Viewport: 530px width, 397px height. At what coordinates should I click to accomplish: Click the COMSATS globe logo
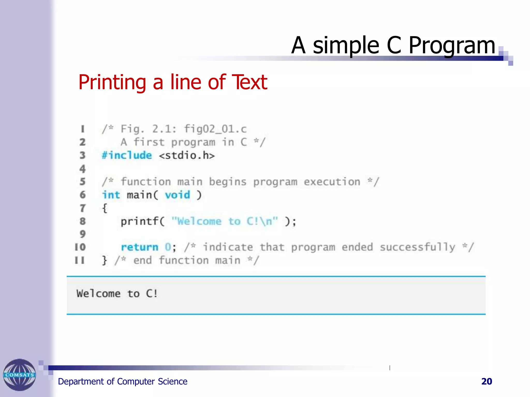19,375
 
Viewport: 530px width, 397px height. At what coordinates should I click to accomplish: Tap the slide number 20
487,381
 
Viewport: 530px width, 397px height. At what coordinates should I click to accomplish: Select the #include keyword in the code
127,155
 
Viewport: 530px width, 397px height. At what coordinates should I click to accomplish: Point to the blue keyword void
178,195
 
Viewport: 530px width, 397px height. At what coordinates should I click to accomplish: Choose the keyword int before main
111,195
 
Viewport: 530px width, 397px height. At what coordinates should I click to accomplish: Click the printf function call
140,221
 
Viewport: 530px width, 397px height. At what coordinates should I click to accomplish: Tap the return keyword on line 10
139,247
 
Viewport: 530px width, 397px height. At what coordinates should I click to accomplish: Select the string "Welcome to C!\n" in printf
225,221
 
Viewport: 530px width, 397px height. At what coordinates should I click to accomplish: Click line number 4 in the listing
82,169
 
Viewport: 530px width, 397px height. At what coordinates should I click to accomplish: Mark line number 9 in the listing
82,234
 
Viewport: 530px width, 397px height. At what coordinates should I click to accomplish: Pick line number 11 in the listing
80,260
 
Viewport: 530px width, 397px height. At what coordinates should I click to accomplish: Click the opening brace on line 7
105,208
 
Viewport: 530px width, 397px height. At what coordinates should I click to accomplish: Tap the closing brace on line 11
104,260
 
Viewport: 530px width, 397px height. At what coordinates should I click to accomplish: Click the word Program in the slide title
452,45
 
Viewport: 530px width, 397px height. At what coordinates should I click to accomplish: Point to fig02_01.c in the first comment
215,129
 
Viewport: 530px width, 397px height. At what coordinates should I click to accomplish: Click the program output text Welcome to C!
117,294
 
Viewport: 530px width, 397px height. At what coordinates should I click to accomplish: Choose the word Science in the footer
173,381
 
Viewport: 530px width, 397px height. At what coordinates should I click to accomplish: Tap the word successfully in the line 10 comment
417,247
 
